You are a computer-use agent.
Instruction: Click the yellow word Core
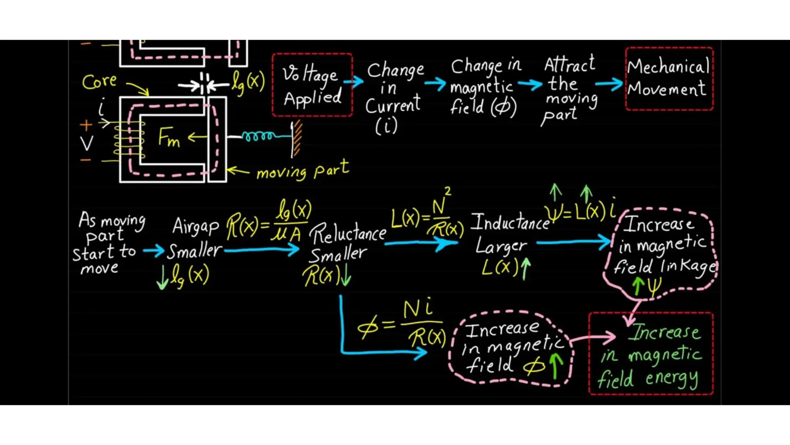[x=99, y=82]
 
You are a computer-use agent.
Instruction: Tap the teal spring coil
[x=258, y=136]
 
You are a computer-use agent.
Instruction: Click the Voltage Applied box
[x=312, y=85]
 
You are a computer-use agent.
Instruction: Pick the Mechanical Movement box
[x=669, y=78]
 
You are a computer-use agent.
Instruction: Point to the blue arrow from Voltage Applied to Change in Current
[x=354, y=81]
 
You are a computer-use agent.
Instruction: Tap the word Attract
[x=569, y=65]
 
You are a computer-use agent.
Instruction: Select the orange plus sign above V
[x=86, y=125]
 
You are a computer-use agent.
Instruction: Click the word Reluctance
[x=348, y=234]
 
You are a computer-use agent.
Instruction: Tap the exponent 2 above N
[x=447, y=191]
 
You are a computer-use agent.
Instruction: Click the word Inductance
[x=510, y=222]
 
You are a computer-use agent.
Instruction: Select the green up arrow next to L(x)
[x=525, y=268]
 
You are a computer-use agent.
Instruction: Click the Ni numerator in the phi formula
[x=418, y=309]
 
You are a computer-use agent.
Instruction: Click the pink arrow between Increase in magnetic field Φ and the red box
[x=594, y=338]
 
